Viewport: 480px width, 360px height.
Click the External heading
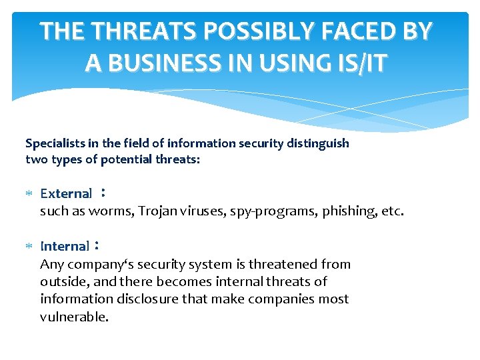tap(66, 194)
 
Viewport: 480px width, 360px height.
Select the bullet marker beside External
tap(29, 194)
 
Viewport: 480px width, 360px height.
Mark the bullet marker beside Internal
tap(29, 247)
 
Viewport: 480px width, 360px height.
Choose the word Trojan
tap(159, 211)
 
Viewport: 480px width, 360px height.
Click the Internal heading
tap(64, 247)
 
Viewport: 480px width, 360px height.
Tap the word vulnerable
tap(74, 317)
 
